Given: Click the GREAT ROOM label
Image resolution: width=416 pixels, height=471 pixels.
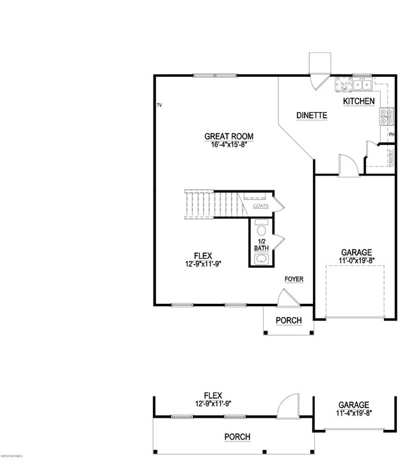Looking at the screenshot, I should (228, 136).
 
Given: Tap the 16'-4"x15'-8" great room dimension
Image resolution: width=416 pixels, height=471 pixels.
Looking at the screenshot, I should (228, 145).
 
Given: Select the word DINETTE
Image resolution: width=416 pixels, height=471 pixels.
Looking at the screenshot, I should (312, 116).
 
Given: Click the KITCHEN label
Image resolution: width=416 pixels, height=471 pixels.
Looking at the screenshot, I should (358, 102).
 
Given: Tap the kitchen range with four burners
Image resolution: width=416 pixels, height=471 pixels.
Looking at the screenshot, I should (387, 116).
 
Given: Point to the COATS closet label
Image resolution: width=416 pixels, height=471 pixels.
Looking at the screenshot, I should (260, 206).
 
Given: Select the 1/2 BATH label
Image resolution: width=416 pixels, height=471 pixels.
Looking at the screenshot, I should (261, 244).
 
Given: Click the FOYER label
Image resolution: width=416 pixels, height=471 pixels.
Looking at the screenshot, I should (294, 279).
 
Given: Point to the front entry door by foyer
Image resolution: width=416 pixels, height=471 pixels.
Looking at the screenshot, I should (287, 298).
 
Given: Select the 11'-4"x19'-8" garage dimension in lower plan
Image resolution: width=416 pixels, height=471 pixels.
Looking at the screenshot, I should (353, 413).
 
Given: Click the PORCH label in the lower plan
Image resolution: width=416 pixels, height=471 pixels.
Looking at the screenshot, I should (237, 437).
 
